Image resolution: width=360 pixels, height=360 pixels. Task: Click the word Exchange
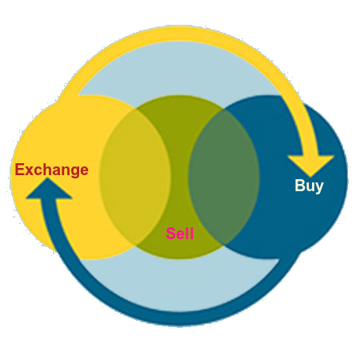(x=51, y=170)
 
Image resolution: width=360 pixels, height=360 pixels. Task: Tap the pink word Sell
(x=180, y=234)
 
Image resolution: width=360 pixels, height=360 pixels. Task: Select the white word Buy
(x=309, y=186)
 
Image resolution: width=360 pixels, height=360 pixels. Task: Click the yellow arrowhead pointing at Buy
(x=310, y=166)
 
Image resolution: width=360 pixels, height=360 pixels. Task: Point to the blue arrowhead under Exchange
(x=49, y=189)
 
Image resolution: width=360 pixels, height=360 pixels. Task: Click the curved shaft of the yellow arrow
(x=184, y=34)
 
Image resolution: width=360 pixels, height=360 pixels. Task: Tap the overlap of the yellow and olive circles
(x=135, y=177)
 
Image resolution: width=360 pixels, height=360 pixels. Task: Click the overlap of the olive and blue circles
(x=224, y=177)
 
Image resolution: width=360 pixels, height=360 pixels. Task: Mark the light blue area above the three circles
(x=179, y=70)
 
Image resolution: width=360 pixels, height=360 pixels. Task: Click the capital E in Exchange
(x=20, y=170)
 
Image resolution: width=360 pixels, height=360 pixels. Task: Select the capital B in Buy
(x=300, y=185)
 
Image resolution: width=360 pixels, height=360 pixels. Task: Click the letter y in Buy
(x=319, y=188)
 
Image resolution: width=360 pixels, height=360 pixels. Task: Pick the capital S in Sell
(x=171, y=234)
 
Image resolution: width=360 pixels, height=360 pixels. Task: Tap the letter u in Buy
(x=310, y=186)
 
